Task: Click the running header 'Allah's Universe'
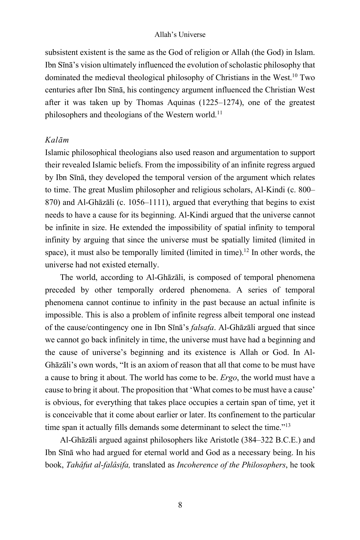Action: pyautogui.click(x=180, y=35)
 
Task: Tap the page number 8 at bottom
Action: pyautogui.click(x=180, y=505)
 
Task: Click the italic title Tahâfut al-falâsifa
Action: pyautogui.click(x=98, y=465)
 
